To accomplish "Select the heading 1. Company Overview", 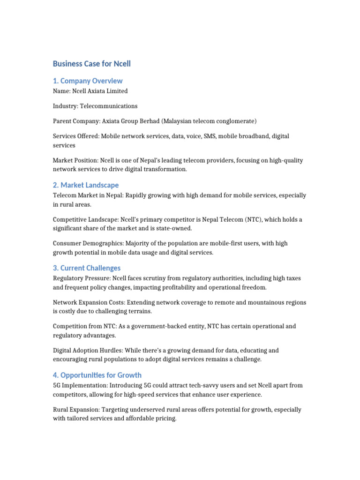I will (x=88, y=81).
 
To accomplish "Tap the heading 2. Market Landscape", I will (x=86, y=185).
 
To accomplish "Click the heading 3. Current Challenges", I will (x=87, y=268).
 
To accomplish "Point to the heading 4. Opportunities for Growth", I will (x=97, y=375).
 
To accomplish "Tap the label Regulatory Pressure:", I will (x=78, y=278).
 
